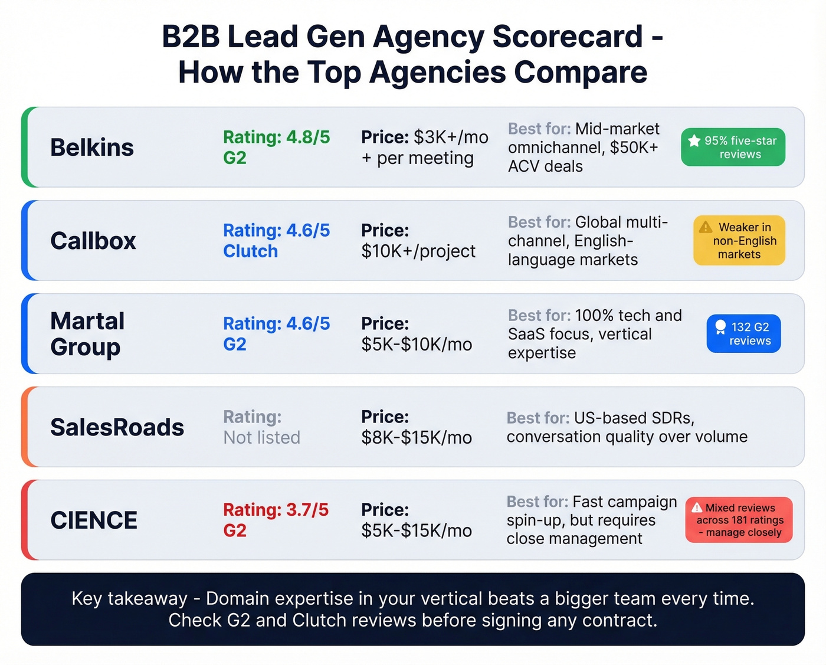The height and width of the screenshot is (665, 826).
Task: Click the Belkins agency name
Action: (92, 148)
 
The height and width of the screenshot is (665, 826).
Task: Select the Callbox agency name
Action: (93, 241)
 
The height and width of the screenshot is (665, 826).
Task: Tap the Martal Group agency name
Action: (87, 334)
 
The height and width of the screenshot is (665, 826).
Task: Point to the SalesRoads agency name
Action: (117, 427)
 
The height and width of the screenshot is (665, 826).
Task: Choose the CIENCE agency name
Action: (94, 520)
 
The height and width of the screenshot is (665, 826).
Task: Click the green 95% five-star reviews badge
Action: (733, 147)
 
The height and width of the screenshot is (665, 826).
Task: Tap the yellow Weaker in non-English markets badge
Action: (739, 241)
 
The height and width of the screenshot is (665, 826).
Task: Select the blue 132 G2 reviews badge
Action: (743, 334)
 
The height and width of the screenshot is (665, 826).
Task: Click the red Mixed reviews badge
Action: (739, 520)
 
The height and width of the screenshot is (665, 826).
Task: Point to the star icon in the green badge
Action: (694, 140)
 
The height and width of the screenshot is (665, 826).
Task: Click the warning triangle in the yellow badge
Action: (706, 227)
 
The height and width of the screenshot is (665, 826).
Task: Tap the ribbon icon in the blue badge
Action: (720, 327)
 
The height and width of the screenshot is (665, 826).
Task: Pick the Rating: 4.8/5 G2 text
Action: (276, 148)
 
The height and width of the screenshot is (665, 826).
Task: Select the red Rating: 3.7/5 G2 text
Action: (276, 520)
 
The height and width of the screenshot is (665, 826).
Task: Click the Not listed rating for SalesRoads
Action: (261, 438)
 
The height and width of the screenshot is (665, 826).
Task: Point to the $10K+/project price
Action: (418, 251)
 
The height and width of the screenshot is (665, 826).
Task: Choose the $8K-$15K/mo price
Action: (417, 438)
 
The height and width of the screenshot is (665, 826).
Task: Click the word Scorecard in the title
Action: (568, 37)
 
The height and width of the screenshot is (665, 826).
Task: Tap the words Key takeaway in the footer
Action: (129, 598)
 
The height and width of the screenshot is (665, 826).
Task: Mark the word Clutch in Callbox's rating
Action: (250, 251)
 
